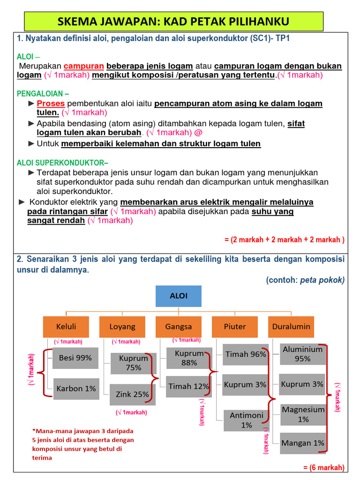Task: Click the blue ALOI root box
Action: pos(179,296)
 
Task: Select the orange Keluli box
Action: pos(66,326)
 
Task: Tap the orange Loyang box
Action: pos(122,326)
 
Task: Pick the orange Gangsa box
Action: pos(179,326)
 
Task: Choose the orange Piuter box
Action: pos(235,326)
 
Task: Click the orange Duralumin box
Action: pos(291,326)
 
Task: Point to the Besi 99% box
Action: pos(75,358)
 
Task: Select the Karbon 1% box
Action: pos(76,389)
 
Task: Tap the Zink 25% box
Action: pos(133,395)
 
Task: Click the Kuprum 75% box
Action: pos(134,363)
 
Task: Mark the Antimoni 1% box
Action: pos(247,420)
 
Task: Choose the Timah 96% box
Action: pos(246,354)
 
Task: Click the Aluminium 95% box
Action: pos(303,354)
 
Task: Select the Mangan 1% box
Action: pos(302,443)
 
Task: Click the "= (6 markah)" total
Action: pos(323,468)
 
